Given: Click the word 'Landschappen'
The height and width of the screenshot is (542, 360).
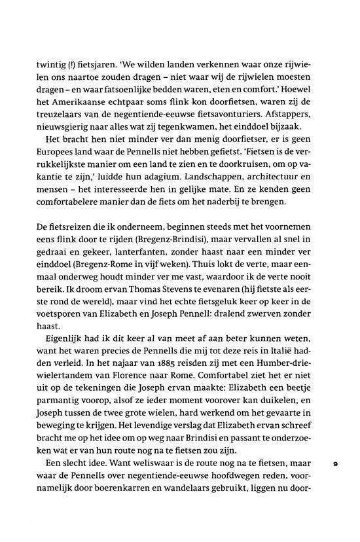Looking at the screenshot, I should pos(219,184).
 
